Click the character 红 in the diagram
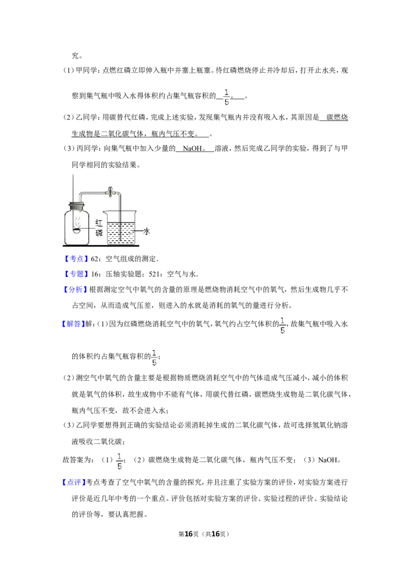(x=99, y=223)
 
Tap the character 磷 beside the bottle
(x=99, y=233)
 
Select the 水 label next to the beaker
(x=147, y=232)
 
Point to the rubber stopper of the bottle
(x=75, y=207)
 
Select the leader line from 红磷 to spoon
(x=88, y=229)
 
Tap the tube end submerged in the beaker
(x=120, y=239)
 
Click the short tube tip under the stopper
(x=79, y=211)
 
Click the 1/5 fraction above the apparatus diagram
(x=227, y=96)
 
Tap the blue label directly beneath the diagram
(x=76, y=258)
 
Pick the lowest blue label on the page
(x=74, y=482)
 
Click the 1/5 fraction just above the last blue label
(x=120, y=461)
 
